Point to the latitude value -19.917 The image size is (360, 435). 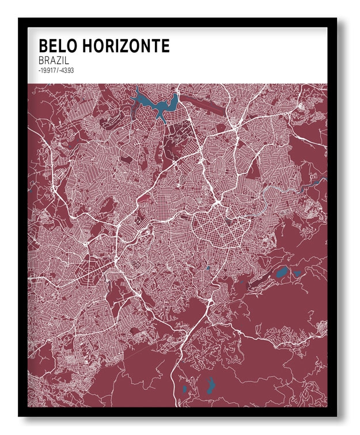[47, 71]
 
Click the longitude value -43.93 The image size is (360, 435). [67, 71]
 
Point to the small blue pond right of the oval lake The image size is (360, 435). [297, 274]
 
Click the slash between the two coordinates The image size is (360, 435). [58, 71]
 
